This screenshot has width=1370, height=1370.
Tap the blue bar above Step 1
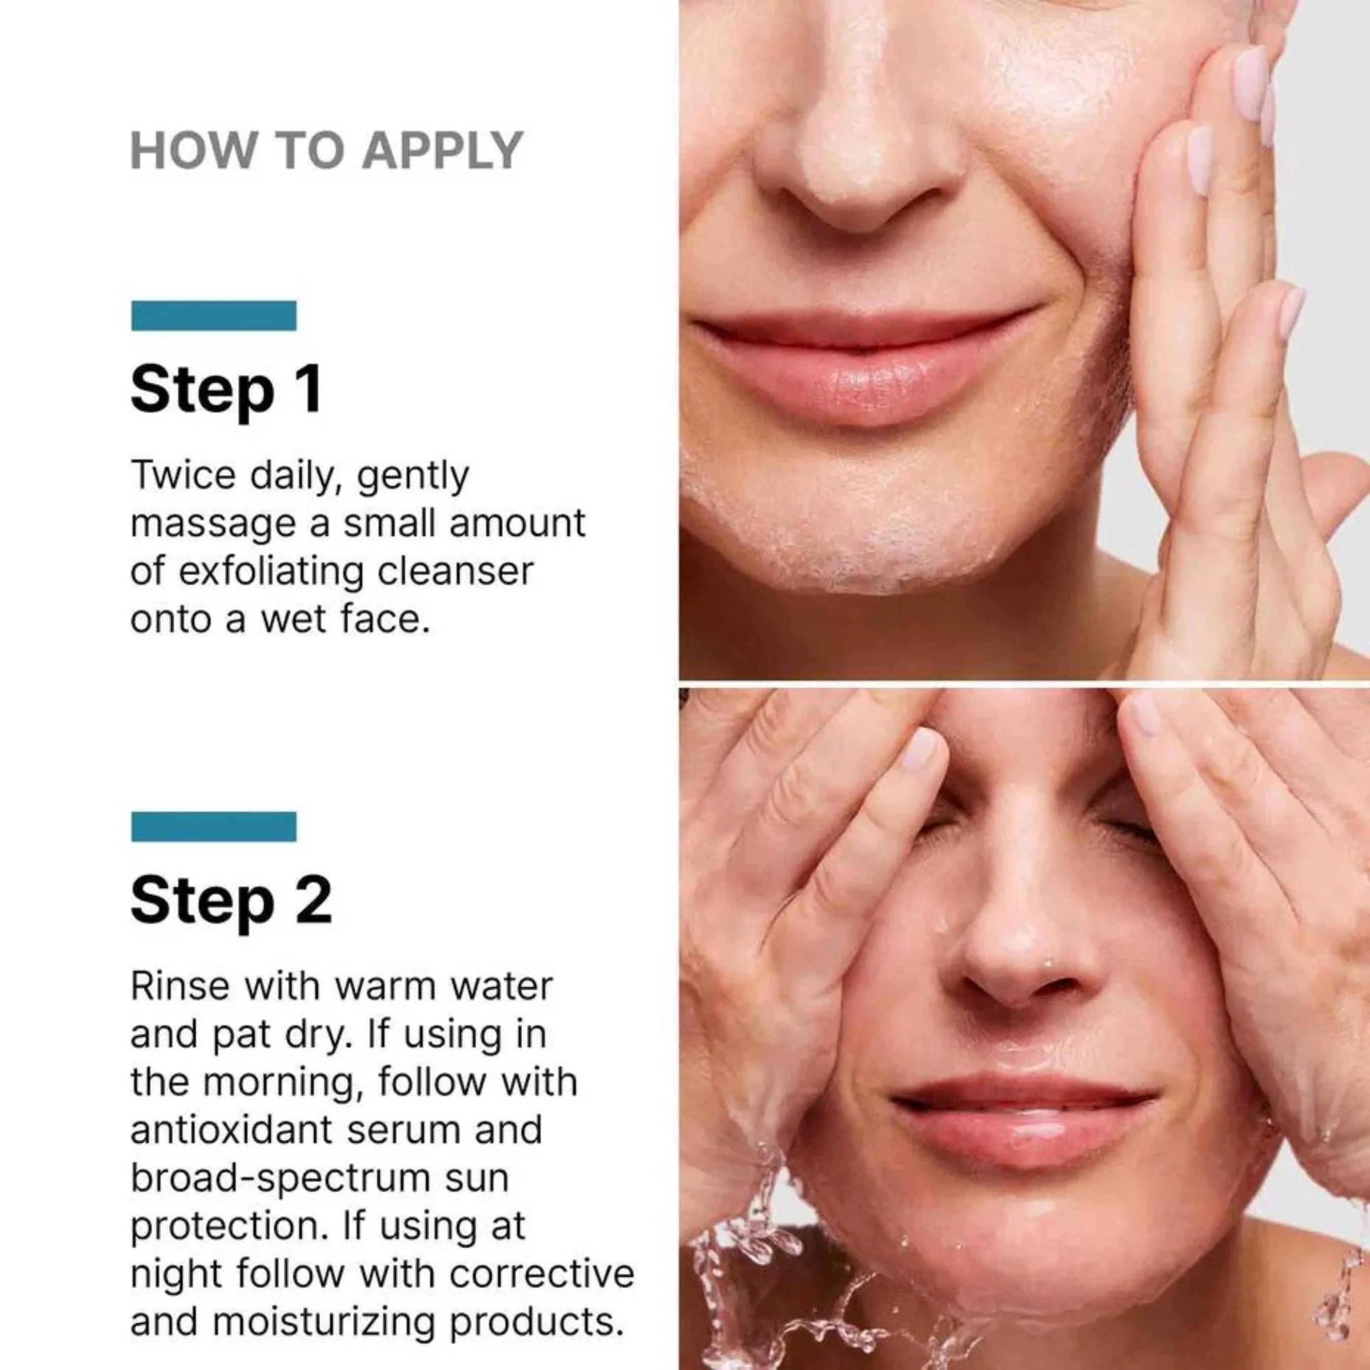(x=214, y=316)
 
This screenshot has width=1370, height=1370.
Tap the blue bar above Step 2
(x=214, y=826)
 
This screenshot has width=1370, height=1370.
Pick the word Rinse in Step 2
(x=180, y=986)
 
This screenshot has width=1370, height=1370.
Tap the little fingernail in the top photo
(x=1292, y=310)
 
